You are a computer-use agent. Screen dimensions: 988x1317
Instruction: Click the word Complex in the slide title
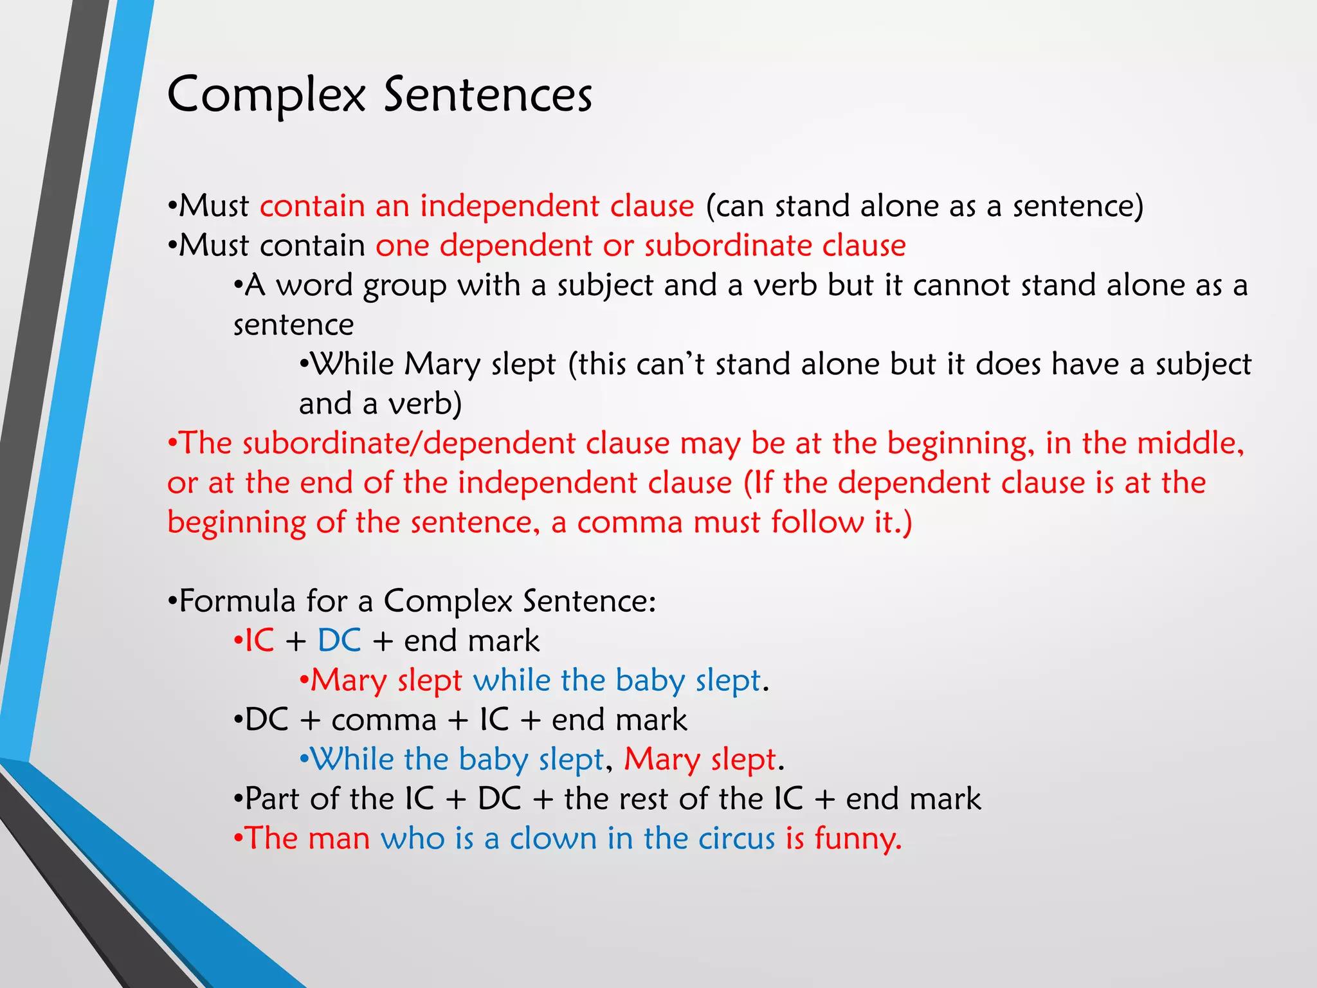point(266,95)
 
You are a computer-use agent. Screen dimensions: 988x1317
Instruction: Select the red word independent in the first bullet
point(510,206)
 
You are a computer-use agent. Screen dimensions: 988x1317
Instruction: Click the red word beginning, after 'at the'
point(961,444)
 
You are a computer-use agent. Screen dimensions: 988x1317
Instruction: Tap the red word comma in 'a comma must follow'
point(630,522)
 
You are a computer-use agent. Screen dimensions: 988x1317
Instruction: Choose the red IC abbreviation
point(259,641)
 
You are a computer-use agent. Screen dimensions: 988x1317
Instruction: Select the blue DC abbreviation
point(339,641)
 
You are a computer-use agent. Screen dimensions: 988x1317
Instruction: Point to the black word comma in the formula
point(384,720)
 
